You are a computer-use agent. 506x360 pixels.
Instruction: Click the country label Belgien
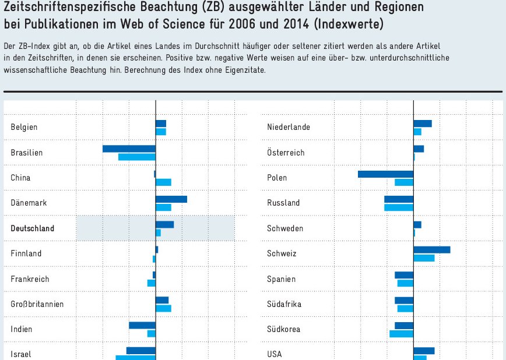click(24, 127)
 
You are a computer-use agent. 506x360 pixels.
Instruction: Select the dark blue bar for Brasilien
click(129, 149)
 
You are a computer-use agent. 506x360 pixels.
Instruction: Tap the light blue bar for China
click(163, 182)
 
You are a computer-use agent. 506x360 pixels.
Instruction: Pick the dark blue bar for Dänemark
click(171, 199)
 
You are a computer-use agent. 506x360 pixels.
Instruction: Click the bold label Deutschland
click(32, 228)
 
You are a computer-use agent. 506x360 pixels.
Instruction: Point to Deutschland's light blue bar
click(158, 233)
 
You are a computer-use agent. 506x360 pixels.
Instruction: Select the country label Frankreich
click(30, 279)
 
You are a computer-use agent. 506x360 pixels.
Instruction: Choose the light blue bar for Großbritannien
click(163, 308)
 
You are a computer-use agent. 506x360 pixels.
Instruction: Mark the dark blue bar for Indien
click(142, 325)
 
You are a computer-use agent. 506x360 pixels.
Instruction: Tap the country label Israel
click(21, 354)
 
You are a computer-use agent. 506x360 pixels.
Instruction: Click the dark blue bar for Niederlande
click(423, 123)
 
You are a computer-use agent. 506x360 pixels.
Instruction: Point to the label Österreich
click(286, 153)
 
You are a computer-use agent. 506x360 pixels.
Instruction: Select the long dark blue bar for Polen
click(385, 174)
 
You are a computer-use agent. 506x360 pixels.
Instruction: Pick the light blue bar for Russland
click(398, 207)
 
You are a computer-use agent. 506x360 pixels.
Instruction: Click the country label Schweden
click(285, 228)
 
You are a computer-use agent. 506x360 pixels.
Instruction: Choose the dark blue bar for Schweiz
click(431, 250)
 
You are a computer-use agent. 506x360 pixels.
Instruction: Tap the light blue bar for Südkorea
click(401, 334)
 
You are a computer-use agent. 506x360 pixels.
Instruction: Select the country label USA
click(275, 354)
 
